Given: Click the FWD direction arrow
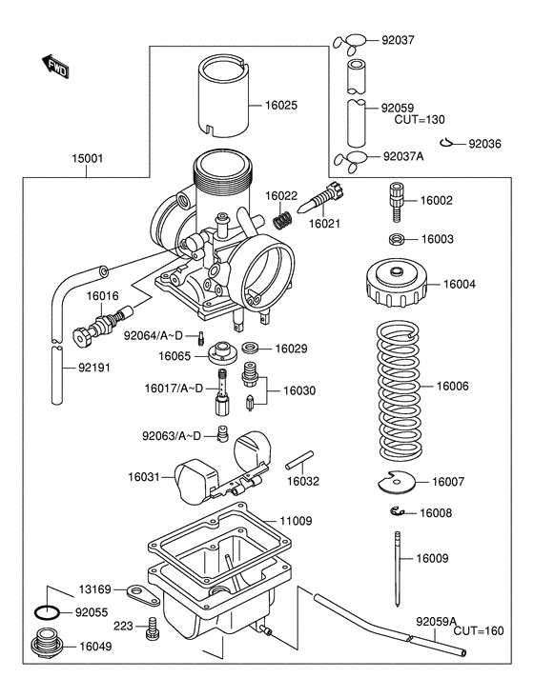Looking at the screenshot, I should click(x=56, y=67).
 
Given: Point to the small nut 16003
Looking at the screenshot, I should click(x=396, y=239).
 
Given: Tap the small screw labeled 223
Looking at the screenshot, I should click(x=152, y=629).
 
